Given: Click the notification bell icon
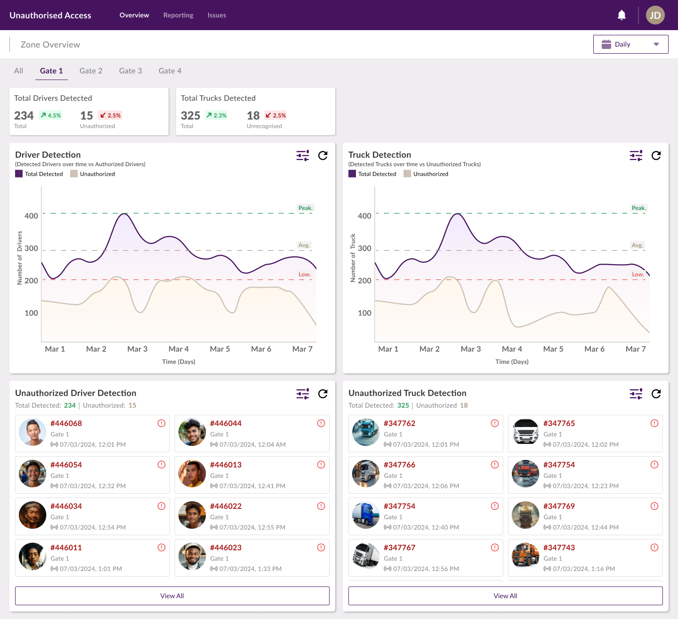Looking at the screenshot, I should click(621, 15).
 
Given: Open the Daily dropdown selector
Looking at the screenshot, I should click(630, 44).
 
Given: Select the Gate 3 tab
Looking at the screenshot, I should click(130, 71).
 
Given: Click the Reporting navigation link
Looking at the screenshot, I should click(178, 15).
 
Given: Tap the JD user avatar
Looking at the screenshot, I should click(655, 15).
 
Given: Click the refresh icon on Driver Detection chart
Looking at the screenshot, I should click(323, 155).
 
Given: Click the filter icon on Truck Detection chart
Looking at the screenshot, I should click(636, 155).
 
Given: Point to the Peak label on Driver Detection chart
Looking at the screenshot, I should click(305, 208).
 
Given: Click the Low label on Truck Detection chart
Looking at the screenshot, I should click(638, 274).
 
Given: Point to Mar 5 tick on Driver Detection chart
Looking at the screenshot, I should click(220, 349).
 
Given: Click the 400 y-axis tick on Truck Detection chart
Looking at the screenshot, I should click(364, 216).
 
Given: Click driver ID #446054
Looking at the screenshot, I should click(66, 465).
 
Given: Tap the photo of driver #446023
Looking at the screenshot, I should click(192, 556).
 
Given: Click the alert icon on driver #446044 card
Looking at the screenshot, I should click(321, 423).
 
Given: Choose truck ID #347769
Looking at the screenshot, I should click(559, 506).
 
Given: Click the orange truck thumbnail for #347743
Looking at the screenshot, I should click(525, 556).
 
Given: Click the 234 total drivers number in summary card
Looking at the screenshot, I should click(24, 116).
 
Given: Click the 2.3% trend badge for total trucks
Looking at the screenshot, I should click(217, 115).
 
